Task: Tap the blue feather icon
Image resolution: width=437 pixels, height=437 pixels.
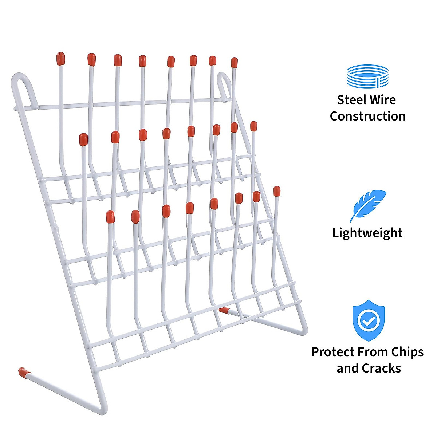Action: pos(367,205)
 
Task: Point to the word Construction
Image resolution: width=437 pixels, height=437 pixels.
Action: pos(367,116)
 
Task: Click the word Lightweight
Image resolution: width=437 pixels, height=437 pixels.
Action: pos(367,233)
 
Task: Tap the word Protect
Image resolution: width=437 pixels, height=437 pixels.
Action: pos(333,352)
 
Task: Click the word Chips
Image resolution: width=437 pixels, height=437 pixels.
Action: pos(408,352)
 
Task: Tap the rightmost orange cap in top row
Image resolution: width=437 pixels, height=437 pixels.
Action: pos(234,62)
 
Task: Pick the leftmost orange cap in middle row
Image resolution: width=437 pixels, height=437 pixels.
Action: pos(83,139)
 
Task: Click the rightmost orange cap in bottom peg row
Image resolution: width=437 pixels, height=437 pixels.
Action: pos(277,191)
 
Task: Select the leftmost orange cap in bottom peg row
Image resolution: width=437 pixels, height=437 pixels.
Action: pos(110,217)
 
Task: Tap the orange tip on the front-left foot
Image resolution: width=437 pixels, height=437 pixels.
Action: pos(24,372)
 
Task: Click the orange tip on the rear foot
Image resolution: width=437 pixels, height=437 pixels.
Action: pos(224,310)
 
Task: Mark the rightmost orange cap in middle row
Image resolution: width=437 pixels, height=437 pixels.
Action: pos(253,126)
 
